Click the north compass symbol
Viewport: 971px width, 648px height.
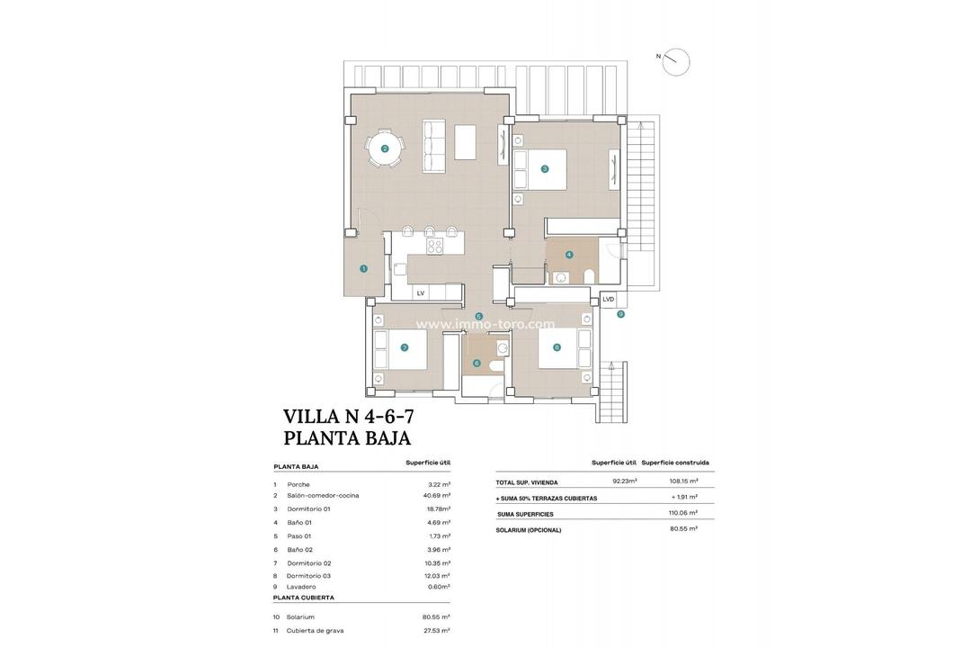point(675,62)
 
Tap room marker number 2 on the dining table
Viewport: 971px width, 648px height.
point(385,149)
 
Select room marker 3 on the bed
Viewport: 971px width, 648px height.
point(545,168)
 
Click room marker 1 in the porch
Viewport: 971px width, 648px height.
point(363,268)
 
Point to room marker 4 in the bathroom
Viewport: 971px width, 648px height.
point(569,255)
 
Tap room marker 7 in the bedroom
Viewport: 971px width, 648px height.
point(405,347)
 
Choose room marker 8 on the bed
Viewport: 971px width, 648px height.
point(557,347)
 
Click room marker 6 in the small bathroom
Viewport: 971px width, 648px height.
point(477,364)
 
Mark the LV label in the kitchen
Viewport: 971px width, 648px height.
point(420,293)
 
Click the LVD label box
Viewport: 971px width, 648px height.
point(609,300)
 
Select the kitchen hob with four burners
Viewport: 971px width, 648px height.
point(434,246)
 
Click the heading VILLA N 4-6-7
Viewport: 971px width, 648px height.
point(348,417)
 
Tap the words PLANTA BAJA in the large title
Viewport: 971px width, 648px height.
point(347,439)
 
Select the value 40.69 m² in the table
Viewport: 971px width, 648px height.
point(437,495)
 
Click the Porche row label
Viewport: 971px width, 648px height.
point(298,484)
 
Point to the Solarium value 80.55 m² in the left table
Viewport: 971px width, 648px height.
point(436,617)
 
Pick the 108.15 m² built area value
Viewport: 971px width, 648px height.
point(683,481)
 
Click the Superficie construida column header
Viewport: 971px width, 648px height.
point(675,463)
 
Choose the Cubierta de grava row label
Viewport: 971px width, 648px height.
point(315,631)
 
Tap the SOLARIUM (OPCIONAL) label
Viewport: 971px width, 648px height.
point(529,530)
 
